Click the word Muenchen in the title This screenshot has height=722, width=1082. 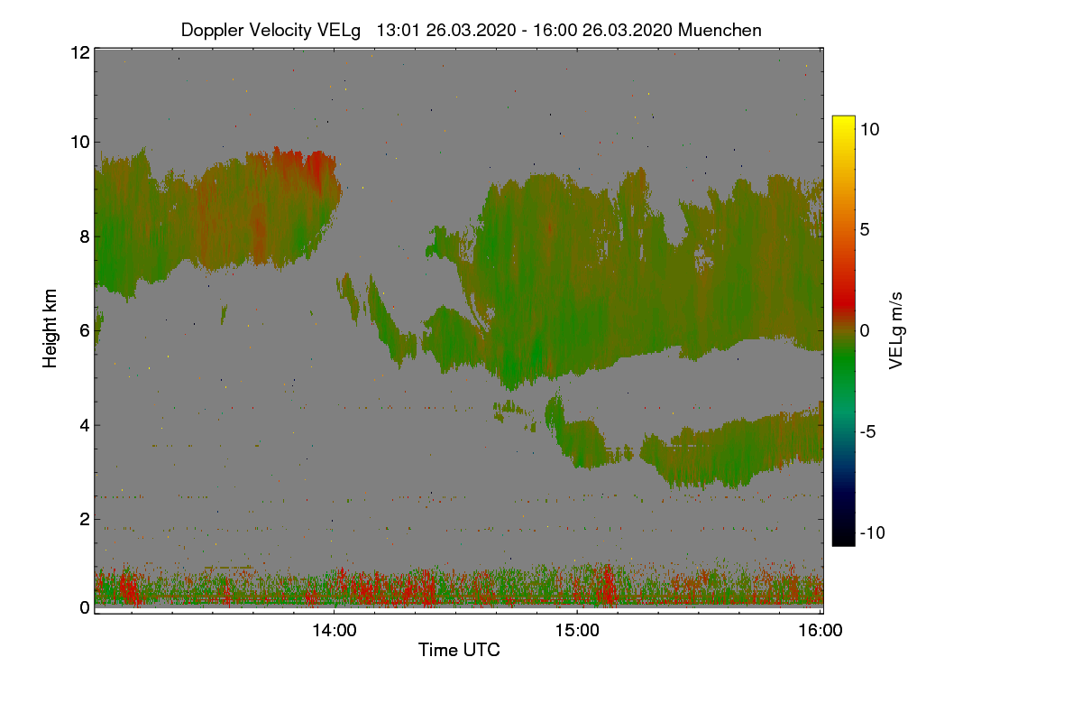(x=720, y=30)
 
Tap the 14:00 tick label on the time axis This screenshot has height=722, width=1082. (x=334, y=631)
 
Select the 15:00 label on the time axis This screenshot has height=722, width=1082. (x=577, y=631)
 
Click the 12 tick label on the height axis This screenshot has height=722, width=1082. (x=79, y=53)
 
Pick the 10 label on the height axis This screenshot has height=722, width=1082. (x=79, y=142)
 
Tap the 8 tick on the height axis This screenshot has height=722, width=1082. (x=84, y=236)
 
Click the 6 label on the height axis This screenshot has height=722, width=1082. (x=84, y=330)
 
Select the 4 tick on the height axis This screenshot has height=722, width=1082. (x=84, y=424)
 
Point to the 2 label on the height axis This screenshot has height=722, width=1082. (x=84, y=519)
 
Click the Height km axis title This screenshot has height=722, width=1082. (x=50, y=329)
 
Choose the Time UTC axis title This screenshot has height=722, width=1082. (x=459, y=650)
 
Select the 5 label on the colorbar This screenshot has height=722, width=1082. (x=866, y=229)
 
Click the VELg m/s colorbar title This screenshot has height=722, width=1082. (x=895, y=330)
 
